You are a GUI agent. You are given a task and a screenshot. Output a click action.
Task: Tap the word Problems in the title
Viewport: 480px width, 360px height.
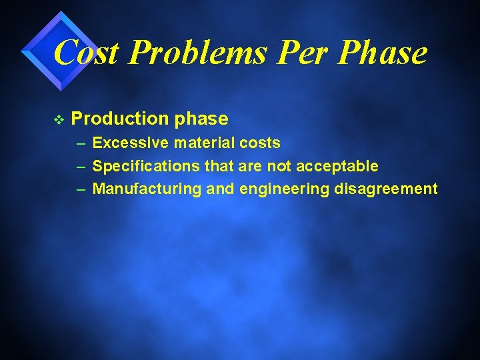[x=186, y=52]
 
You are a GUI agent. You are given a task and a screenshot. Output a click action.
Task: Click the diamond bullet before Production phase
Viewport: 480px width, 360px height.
[x=59, y=119]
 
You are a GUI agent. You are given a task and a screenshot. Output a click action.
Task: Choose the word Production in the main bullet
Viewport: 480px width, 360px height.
[x=120, y=119]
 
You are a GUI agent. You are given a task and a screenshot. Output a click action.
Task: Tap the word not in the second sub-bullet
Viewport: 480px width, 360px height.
[x=279, y=166]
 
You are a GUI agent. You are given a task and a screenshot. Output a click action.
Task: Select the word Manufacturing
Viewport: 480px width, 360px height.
[x=147, y=189]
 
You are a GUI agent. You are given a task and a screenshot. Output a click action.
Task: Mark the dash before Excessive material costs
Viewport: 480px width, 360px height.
[x=81, y=143]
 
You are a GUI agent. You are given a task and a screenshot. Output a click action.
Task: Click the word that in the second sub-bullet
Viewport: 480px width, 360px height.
[x=215, y=166]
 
